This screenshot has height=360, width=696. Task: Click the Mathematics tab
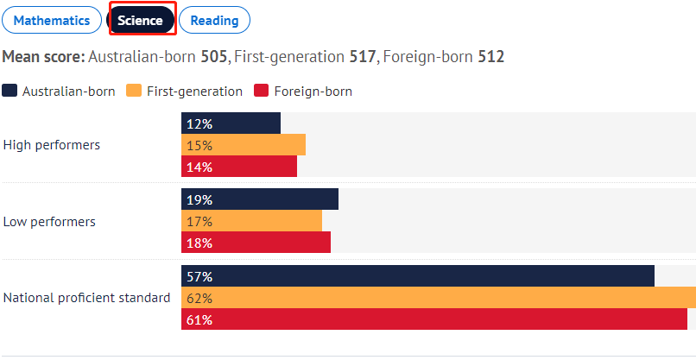click(x=52, y=21)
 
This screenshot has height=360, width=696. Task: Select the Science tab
click(x=140, y=21)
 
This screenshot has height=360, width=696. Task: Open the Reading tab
click(x=215, y=21)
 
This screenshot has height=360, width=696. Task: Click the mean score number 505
click(x=214, y=57)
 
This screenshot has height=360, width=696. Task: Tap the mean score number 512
click(x=491, y=57)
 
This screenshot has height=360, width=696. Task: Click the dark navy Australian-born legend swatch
click(x=9, y=91)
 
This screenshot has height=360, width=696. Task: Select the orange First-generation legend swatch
click(x=134, y=91)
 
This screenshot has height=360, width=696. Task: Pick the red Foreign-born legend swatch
click(x=261, y=91)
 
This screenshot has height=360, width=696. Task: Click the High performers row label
click(x=52, y=145)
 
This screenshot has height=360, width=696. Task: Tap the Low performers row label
click(x=49, y=222)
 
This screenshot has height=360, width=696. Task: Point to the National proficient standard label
click(x=86, y=298)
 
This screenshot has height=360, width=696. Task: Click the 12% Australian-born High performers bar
click(x=231, y=123)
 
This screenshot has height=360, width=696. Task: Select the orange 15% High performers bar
click(x=244, y=145)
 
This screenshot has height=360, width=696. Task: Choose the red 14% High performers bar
click(x=239, y=167)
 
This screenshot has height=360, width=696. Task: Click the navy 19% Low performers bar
click(x=260, y=199)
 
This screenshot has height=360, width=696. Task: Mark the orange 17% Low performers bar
click(x=251, y=222)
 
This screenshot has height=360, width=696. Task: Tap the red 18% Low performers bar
click(x=256, y=243)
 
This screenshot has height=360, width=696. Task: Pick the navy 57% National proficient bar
click(x=418, y=276)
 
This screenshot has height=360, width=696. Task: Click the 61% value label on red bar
click(x=199, y=320)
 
